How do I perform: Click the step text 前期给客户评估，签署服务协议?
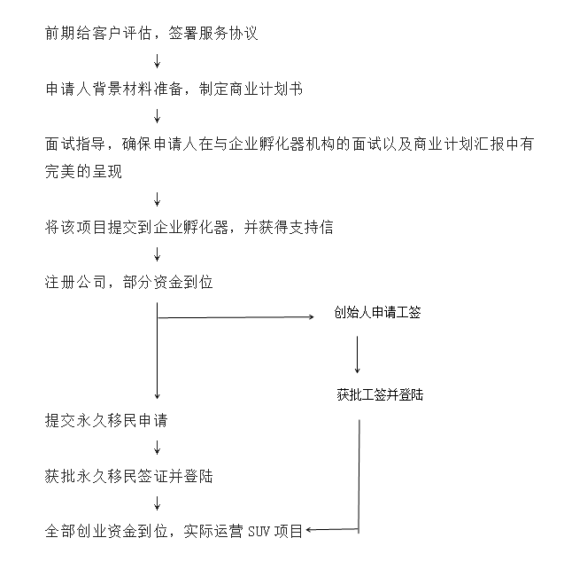coord(151,34)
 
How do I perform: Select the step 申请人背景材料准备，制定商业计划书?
coord(174,89)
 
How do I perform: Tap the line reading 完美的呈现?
coord(83,172)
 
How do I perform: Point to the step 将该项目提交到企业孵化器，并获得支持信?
coord(189,228)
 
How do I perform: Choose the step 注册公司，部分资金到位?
coord(128,283)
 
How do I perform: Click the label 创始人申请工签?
coord(377,313)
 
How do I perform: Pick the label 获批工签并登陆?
coord(380,394)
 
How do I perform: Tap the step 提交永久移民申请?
coord(106,421)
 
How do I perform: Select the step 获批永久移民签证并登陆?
coord(128,476)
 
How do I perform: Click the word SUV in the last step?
coord(259,532)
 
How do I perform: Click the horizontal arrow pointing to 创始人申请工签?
coord(236,317)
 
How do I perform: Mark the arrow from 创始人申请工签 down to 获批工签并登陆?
coord(358,355)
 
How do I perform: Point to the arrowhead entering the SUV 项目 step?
coord(308,530)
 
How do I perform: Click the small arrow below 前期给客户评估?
coord(157,61)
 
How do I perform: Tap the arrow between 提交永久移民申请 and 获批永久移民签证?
coord(157,448)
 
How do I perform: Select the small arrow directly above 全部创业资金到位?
coord(157,503)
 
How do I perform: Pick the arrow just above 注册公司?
coord(157,254)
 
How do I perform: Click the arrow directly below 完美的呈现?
coord(157,199)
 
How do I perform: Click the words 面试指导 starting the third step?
coord(75,144)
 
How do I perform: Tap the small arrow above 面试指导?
coord(157,116)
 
